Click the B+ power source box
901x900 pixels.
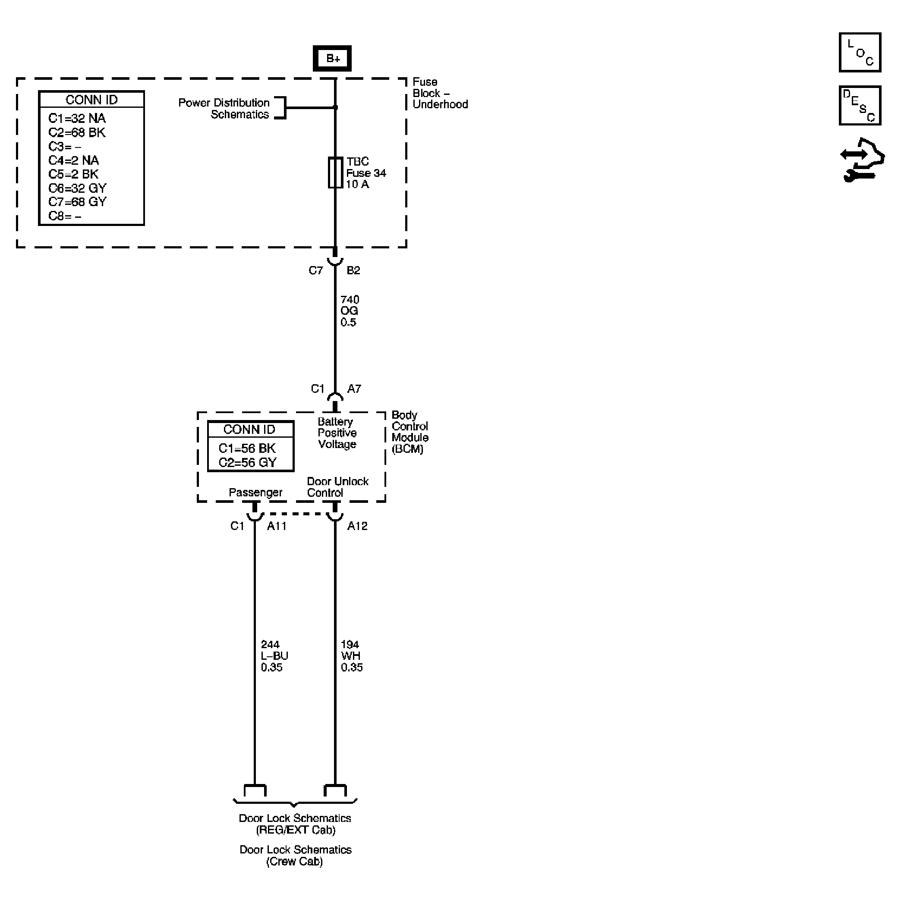[x=332, y=58]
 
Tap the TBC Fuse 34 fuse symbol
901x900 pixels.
[x=335, y=173]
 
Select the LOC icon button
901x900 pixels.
[x=860, y=52]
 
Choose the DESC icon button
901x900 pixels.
[x=860, y=105]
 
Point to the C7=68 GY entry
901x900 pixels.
[x=77, y=202]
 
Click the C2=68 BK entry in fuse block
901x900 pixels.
[x=77, y=132]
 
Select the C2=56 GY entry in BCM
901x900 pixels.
[x=248, y=462]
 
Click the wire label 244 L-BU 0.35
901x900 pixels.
[x=274, y=656]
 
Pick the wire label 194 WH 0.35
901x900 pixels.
[x=351, y=656]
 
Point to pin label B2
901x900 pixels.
[x=353, y=271]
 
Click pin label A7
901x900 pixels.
[x=354, y=389]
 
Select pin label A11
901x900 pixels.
[x=277, y=526]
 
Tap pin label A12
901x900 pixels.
[x=357, y=526]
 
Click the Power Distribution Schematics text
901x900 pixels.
[x=224, y=109]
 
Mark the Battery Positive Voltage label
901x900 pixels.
[x=337, y=433]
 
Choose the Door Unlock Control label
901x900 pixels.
[x=337, y=487]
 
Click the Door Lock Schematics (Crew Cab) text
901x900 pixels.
[x=295, y=855]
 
